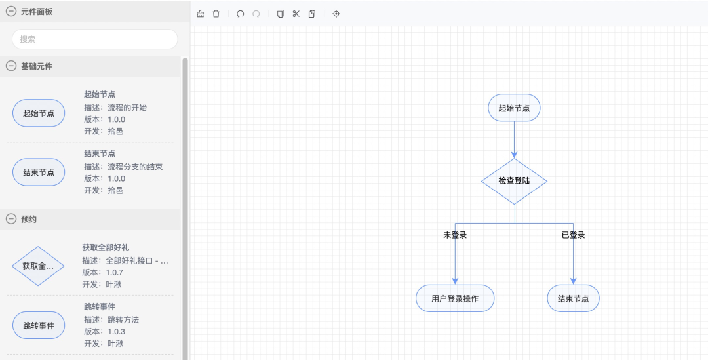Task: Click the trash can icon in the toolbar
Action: coord(216,14)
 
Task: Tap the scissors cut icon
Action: coord(296,14)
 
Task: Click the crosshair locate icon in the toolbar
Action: coord(336,14)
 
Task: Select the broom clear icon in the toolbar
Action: coord(201,14)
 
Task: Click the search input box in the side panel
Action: coord(95,39)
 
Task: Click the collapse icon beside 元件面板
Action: coord(11,11)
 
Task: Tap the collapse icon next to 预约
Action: coord(11,219)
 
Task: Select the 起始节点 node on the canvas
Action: coord(514,108)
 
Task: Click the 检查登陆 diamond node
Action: coord(514,180)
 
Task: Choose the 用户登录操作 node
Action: coord(455,298)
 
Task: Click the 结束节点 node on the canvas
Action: coord(573,298)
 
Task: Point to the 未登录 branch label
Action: coord(455,235)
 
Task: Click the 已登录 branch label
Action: coord(573,235)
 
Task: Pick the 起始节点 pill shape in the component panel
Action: coord(39,113)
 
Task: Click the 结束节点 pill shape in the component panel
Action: coord(39,172)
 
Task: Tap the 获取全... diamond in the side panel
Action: coord(38,266)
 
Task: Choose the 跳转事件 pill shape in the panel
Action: coord(39,325)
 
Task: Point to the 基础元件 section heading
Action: coord(37,66)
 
